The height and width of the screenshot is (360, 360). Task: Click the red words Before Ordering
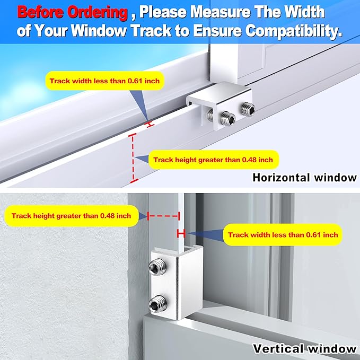[73, 12]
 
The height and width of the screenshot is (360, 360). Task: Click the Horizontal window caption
[304, 178]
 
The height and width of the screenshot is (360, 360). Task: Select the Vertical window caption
[304, 348]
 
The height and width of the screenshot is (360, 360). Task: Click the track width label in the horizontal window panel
[104, 82]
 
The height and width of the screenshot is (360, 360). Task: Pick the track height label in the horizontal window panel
[213, 159]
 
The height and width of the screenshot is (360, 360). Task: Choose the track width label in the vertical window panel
[283, 234]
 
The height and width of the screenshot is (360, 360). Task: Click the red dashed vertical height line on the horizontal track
[133, 157]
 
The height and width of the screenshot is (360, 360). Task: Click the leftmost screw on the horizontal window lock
[212, 116]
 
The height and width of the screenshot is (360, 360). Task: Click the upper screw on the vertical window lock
[159, 270]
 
